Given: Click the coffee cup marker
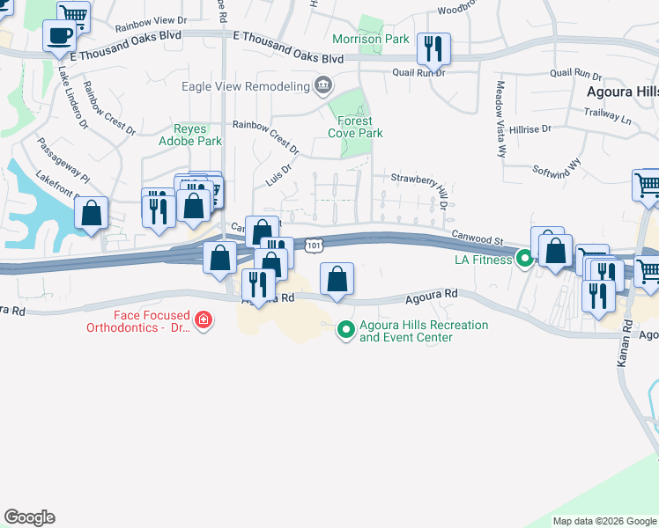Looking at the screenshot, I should pos(60,37).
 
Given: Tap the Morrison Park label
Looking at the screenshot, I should pos(370,39).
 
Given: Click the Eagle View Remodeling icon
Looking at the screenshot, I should pos(323,85).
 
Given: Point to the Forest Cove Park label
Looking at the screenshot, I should pos(356,127).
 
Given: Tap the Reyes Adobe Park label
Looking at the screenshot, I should pos(190,135).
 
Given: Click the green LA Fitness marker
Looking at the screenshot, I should pos(525,259).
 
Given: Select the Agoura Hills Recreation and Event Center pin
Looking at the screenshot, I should pos(346,330).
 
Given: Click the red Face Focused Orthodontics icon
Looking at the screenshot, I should pos(204,319).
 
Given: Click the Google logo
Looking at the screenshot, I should pos(29,517).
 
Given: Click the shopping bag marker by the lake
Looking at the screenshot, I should pos(91,213).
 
